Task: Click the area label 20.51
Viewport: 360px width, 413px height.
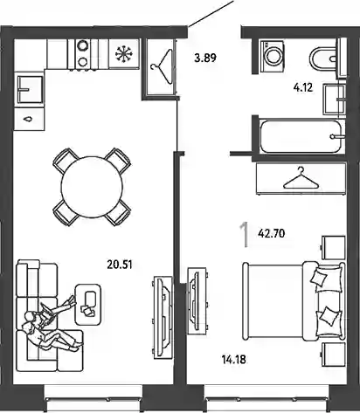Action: [120, 265]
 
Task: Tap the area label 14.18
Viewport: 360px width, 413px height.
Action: [234, 360]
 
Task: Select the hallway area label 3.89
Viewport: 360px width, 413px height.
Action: [205, 58]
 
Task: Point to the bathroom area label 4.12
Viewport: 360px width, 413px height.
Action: [303, 87]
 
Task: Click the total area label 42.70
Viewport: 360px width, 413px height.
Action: [271, 233]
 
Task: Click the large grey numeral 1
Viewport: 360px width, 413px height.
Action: [245, 235]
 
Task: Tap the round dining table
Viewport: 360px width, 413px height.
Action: [92, 187]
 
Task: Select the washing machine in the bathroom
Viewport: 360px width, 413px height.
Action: [273, 56]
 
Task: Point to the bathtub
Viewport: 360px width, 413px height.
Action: [301, 136]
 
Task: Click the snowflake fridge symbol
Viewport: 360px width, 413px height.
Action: [124, 53]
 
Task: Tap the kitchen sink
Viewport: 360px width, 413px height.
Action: [31, 89]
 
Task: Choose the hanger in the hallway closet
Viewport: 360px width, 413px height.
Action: [162, 66]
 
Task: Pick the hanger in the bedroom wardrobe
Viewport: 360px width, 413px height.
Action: [301, 178]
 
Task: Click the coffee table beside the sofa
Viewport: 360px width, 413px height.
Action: [88, 305]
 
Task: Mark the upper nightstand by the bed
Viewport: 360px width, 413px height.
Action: [334, 247]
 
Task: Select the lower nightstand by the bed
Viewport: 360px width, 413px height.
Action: [334, 354]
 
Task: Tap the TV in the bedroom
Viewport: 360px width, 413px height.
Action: [194, 301]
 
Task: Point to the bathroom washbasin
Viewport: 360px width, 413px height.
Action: [335, 99]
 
